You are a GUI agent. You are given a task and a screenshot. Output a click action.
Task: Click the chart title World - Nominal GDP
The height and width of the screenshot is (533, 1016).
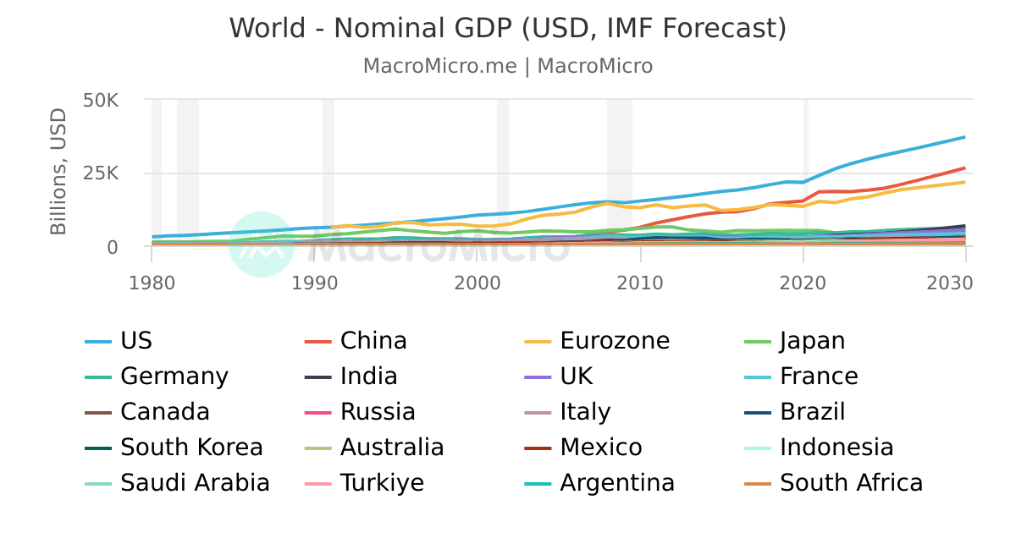tap(508, 28)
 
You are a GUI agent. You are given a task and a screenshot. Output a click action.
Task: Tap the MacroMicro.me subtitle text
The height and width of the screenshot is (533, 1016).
tap(508, 66)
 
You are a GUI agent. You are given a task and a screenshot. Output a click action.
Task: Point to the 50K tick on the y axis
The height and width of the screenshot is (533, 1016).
tap(101, 100)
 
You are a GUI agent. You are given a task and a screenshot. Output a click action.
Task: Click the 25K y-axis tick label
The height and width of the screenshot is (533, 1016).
tap(101, 173)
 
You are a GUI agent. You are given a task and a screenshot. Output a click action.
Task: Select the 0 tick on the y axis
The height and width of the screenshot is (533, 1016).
tap(112, 247)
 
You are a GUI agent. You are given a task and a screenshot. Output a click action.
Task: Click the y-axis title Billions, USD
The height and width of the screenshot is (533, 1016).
tap(58, 172)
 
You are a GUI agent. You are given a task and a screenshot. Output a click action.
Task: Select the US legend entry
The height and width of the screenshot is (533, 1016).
tap(136, 341)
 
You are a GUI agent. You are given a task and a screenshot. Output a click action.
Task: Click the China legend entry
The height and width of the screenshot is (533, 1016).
tap(373, 341)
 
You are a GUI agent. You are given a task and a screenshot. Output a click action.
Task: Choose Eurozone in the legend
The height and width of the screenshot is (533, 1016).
tap(615, 341)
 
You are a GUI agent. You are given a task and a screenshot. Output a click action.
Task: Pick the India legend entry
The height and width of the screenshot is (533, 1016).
tap(369, 376)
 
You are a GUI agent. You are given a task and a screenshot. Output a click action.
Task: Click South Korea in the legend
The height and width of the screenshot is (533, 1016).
tap(191, 447)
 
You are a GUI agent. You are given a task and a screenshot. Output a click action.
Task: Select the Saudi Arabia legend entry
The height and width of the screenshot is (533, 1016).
tap(195, 483)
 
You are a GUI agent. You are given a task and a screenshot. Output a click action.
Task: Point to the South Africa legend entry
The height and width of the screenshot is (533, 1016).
tap(851, 483)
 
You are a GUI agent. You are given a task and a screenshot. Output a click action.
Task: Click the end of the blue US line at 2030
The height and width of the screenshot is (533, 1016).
tap(964, 137)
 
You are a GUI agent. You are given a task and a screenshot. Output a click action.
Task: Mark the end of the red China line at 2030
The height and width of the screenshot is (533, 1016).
tap(964, 168)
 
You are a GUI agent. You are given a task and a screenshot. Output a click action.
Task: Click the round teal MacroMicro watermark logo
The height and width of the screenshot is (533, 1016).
tap(261, 244)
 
